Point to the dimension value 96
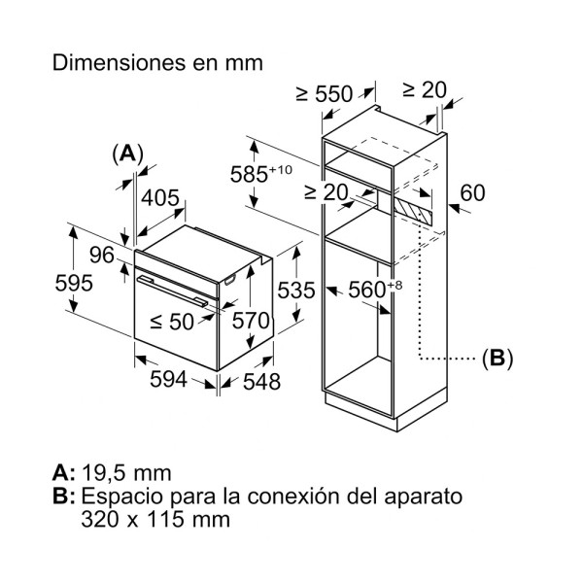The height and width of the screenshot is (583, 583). [x=101, y=255]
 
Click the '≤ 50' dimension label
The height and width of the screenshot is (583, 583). [x=171, y=322]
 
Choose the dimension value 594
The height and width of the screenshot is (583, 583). [x=167, y=379]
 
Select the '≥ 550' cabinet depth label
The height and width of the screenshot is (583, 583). [x=323, y=93]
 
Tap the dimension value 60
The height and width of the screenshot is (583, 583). [x=472, y=193]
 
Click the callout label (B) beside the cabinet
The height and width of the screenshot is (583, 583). [x=497, y=358]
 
